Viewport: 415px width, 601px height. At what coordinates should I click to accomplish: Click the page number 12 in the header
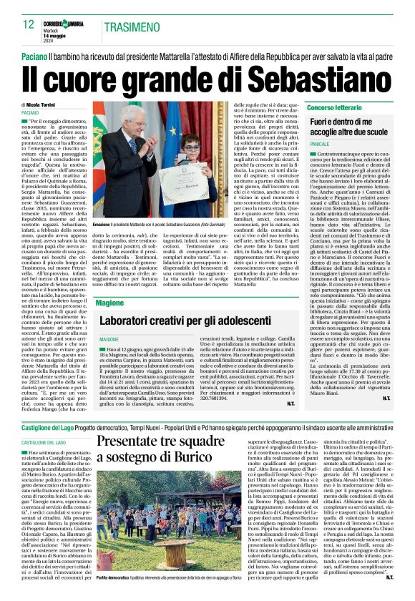29,24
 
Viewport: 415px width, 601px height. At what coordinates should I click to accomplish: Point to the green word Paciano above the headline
34,54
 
